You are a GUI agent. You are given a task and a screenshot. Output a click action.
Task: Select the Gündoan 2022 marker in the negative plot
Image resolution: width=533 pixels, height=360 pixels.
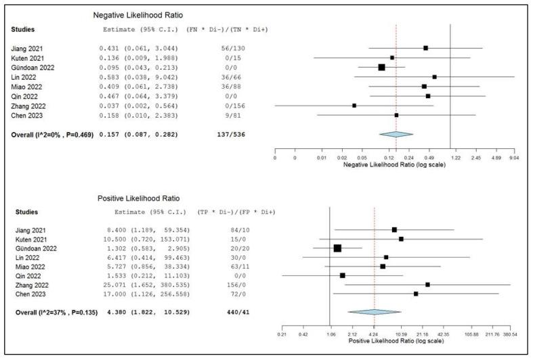tap(381, 67)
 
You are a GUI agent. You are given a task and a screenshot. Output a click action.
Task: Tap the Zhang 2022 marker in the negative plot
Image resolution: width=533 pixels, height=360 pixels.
tap(354, 106)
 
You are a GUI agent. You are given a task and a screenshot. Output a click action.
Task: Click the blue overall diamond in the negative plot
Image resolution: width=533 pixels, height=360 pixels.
tap(396, 134)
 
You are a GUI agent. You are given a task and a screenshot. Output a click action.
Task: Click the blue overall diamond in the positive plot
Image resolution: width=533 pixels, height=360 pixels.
tap(374, 312)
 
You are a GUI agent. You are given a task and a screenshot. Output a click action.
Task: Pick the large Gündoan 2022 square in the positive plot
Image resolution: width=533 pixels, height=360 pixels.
tap(337, 248)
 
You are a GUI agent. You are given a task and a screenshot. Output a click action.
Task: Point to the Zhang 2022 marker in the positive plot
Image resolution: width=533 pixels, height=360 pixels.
tap(427, 284)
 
